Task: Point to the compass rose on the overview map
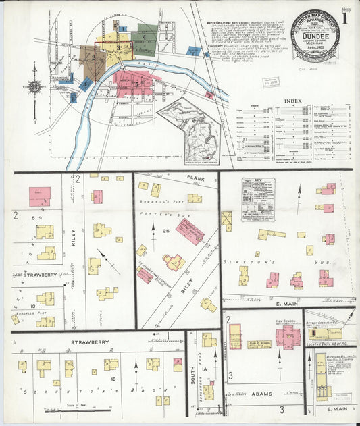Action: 33,86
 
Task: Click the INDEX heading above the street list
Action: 293,101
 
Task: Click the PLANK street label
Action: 196,177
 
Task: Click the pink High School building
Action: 288,336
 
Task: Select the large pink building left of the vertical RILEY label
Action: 40,196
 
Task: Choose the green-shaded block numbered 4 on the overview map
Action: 145,38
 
